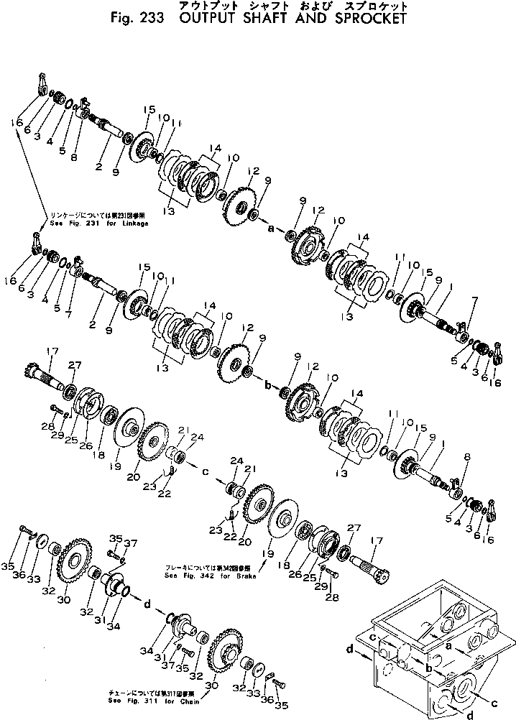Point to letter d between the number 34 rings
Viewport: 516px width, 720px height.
pyautogui.click(x=147, y=603)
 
